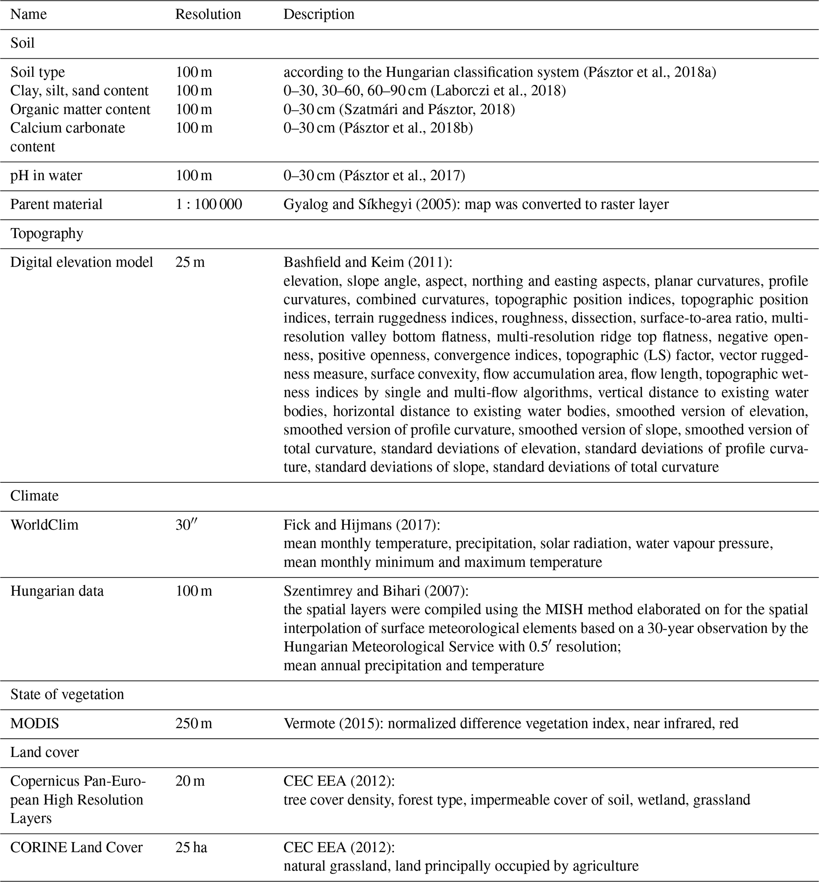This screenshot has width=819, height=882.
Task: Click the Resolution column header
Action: tap(208, 14)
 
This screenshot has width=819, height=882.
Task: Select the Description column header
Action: tap(319, 14)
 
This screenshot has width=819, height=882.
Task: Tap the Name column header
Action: tap(29, 14)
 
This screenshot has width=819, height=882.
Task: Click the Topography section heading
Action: tap(46, 233)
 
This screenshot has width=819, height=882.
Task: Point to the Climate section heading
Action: tap(34, 495)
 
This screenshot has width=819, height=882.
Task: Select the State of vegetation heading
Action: tap(67, 694)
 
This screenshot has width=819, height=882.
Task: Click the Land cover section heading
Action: tap(44, 752)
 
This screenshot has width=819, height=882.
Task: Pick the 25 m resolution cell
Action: tap(190, 262)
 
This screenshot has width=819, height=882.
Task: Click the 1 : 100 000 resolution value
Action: tap(208, 204)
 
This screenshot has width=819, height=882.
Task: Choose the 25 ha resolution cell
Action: tap(191, 848)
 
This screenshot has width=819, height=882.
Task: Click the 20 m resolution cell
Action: tap(190, 781)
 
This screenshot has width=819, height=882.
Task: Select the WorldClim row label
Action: tap(44, 524)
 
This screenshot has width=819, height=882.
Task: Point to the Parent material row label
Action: tap(56, 204)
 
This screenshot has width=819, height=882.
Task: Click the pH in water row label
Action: tap(46, 175)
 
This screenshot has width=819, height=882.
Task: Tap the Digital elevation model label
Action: tap(82, 262)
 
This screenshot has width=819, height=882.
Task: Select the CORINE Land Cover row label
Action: tap(76, 848)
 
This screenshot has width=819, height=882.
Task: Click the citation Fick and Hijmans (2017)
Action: tap(361, 524)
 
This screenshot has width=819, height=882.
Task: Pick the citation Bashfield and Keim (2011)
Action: tap(367, 262)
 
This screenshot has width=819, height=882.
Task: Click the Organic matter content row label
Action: tap(80, 109)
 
